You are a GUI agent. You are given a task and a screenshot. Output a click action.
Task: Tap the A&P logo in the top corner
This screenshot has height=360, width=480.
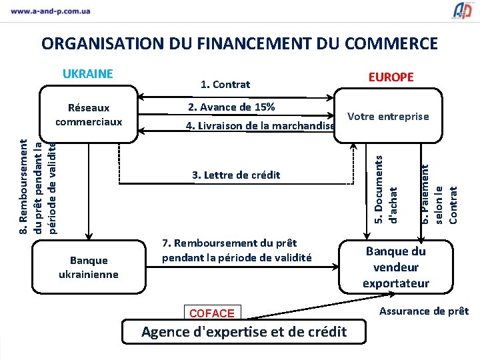[x=462, y=10]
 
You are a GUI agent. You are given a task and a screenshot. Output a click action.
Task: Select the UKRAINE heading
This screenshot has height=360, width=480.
[x=88, y=74]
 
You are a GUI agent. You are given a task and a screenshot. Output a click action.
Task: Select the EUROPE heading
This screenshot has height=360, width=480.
[x=391, y=77]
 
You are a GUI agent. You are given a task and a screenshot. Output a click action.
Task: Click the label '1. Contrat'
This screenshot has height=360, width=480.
[x=225, y=84]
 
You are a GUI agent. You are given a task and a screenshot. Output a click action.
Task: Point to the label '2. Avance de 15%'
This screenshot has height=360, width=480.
[x=231, y=107]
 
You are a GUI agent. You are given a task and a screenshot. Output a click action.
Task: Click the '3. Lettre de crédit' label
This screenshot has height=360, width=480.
[x=236, y=175]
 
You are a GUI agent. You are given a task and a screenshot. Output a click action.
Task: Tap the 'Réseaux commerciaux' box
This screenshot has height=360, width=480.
[x=89, y=115]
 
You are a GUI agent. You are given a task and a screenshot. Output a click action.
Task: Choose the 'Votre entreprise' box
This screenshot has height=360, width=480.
[x=388, y=117]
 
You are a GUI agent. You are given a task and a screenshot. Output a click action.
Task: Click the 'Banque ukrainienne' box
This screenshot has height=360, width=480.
[x=89, y=267]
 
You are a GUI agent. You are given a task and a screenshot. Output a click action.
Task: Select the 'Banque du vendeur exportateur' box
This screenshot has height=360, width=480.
[x=396, y=267]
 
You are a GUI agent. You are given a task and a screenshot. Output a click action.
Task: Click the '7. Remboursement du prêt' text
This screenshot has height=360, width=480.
[x=237, y=250]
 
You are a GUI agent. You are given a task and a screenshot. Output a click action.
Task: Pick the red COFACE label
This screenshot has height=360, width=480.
[x=212, y=313]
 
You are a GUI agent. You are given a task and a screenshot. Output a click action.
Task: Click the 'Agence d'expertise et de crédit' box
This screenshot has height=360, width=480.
[x=244, y=331]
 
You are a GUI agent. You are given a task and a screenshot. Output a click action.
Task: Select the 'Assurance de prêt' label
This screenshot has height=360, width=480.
[x=424, y=311]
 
